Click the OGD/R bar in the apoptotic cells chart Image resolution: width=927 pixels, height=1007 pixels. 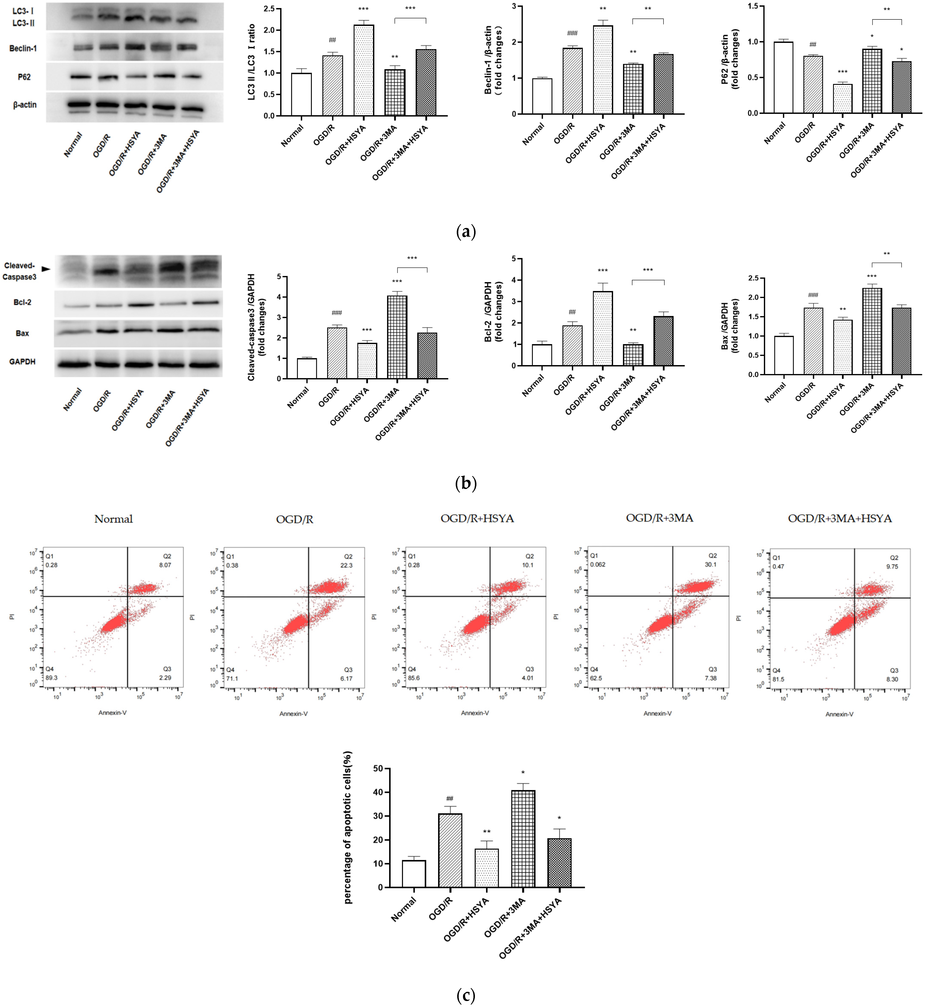(450, 850)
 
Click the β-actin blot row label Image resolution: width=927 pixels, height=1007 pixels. (25, 105)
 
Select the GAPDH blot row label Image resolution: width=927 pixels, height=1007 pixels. (22, 362)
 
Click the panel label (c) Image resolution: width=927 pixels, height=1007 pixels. (466, 995)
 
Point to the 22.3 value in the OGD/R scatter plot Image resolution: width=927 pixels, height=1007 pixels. (346, 565)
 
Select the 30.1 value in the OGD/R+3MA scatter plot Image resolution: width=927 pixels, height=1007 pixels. (710, 564)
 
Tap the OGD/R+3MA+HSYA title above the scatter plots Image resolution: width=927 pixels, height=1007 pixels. (840, 518)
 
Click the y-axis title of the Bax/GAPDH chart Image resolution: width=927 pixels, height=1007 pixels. (730, 326)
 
